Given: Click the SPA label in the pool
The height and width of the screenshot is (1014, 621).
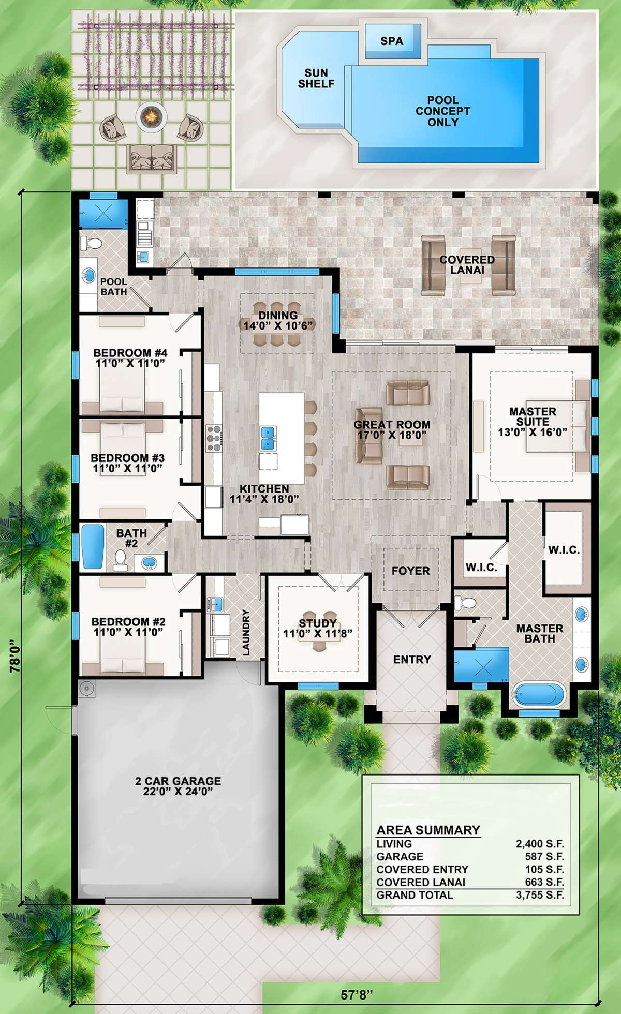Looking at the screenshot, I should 391,41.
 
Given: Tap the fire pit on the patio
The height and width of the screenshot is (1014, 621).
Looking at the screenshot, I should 152,116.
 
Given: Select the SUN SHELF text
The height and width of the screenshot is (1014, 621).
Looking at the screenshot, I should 316,78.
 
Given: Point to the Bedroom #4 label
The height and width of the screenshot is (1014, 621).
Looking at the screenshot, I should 130,353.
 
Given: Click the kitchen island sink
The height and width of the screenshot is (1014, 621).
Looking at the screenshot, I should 268,437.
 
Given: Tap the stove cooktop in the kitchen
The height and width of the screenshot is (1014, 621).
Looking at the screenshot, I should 214,438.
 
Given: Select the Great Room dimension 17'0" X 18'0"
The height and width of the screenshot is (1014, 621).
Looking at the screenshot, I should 392,435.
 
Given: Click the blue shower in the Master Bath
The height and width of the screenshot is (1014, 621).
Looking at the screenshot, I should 481,665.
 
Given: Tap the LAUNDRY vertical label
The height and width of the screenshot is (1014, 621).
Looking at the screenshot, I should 246,632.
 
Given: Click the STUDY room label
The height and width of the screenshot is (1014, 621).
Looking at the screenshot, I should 317,623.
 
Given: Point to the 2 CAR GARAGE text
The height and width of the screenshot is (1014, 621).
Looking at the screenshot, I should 178,781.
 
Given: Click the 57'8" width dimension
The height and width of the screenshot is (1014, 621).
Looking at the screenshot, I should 357,995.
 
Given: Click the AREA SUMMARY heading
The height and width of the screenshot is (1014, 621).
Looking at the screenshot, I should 428,830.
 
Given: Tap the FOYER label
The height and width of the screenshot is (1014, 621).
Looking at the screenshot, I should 410,571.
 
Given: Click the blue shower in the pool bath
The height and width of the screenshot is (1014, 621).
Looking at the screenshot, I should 104,213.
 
